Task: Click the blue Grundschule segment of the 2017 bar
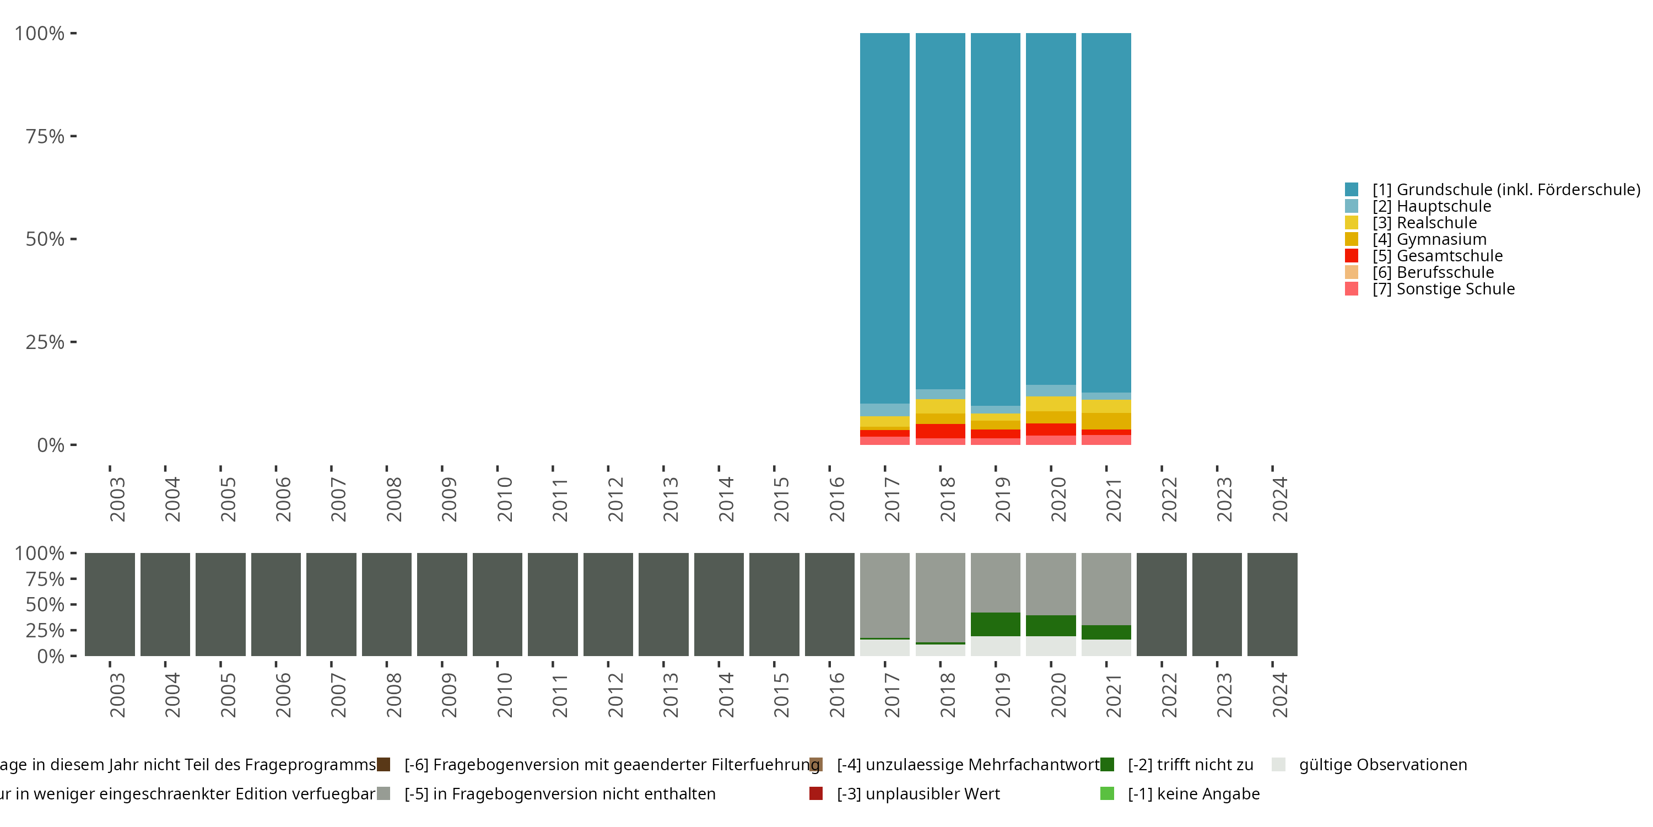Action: pos(884,218)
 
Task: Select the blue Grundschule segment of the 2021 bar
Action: pos(1106,212)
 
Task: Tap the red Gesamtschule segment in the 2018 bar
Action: pos(940,431)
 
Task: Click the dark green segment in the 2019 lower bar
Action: pos(995,624)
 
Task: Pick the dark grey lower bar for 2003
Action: pos(110,604)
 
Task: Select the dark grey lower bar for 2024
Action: pos(1272,604)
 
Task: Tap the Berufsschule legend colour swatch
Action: pos(1352,272)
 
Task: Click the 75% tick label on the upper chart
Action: pos(45,136)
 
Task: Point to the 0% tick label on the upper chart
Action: pos(51,445)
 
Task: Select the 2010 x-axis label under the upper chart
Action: pos(504,500)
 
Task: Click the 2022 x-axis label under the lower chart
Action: pos(1169,695)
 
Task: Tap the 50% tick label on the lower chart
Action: pos(45,604)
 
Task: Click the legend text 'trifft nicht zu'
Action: pos(1190,765)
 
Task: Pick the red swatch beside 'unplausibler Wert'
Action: pos(815,793)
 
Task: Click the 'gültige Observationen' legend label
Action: pos(1383,765)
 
